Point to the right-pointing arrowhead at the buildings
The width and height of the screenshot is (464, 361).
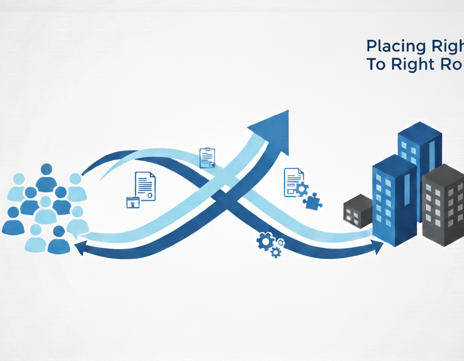378,244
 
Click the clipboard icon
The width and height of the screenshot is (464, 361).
207,157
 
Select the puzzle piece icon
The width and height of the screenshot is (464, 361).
312,201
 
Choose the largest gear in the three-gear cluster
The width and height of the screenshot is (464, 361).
265,241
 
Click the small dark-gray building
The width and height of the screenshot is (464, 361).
358,211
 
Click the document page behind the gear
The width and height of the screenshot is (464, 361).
292,178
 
